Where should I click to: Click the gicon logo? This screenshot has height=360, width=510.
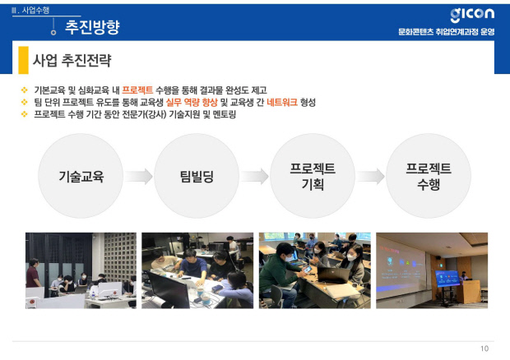point(472,15)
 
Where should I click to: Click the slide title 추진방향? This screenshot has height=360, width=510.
point(92,27)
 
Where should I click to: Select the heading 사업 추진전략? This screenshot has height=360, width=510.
point(72,61)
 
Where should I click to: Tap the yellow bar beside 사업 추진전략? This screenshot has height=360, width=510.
point(23,60)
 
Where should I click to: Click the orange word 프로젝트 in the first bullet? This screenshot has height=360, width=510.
point(137,90)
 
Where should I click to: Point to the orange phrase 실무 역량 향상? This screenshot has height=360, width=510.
point(192,103)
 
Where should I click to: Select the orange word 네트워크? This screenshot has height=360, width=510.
point(282,103)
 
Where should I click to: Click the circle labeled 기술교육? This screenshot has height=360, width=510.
point(81,176)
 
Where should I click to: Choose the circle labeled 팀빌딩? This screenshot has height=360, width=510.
point(197,176)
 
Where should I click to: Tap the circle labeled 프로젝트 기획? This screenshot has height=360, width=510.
point(313,176)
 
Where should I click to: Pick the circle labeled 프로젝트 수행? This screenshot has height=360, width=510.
point(429,176)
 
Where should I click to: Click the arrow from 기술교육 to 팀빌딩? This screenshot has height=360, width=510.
point(138,177)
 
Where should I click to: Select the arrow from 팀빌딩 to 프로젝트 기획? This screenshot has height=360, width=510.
point(254,177)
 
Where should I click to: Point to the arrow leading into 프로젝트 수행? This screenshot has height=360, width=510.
point(370,177)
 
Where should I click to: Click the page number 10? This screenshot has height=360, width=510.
point(484,348)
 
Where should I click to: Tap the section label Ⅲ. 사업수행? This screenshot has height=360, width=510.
point(30,11)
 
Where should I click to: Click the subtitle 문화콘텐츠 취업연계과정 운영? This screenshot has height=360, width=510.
point(446,32)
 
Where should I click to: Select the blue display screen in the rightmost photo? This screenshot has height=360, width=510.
point(447,279)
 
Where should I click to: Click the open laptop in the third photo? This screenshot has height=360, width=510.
point(333,275)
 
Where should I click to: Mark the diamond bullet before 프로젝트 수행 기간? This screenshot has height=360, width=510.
point(25,114)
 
